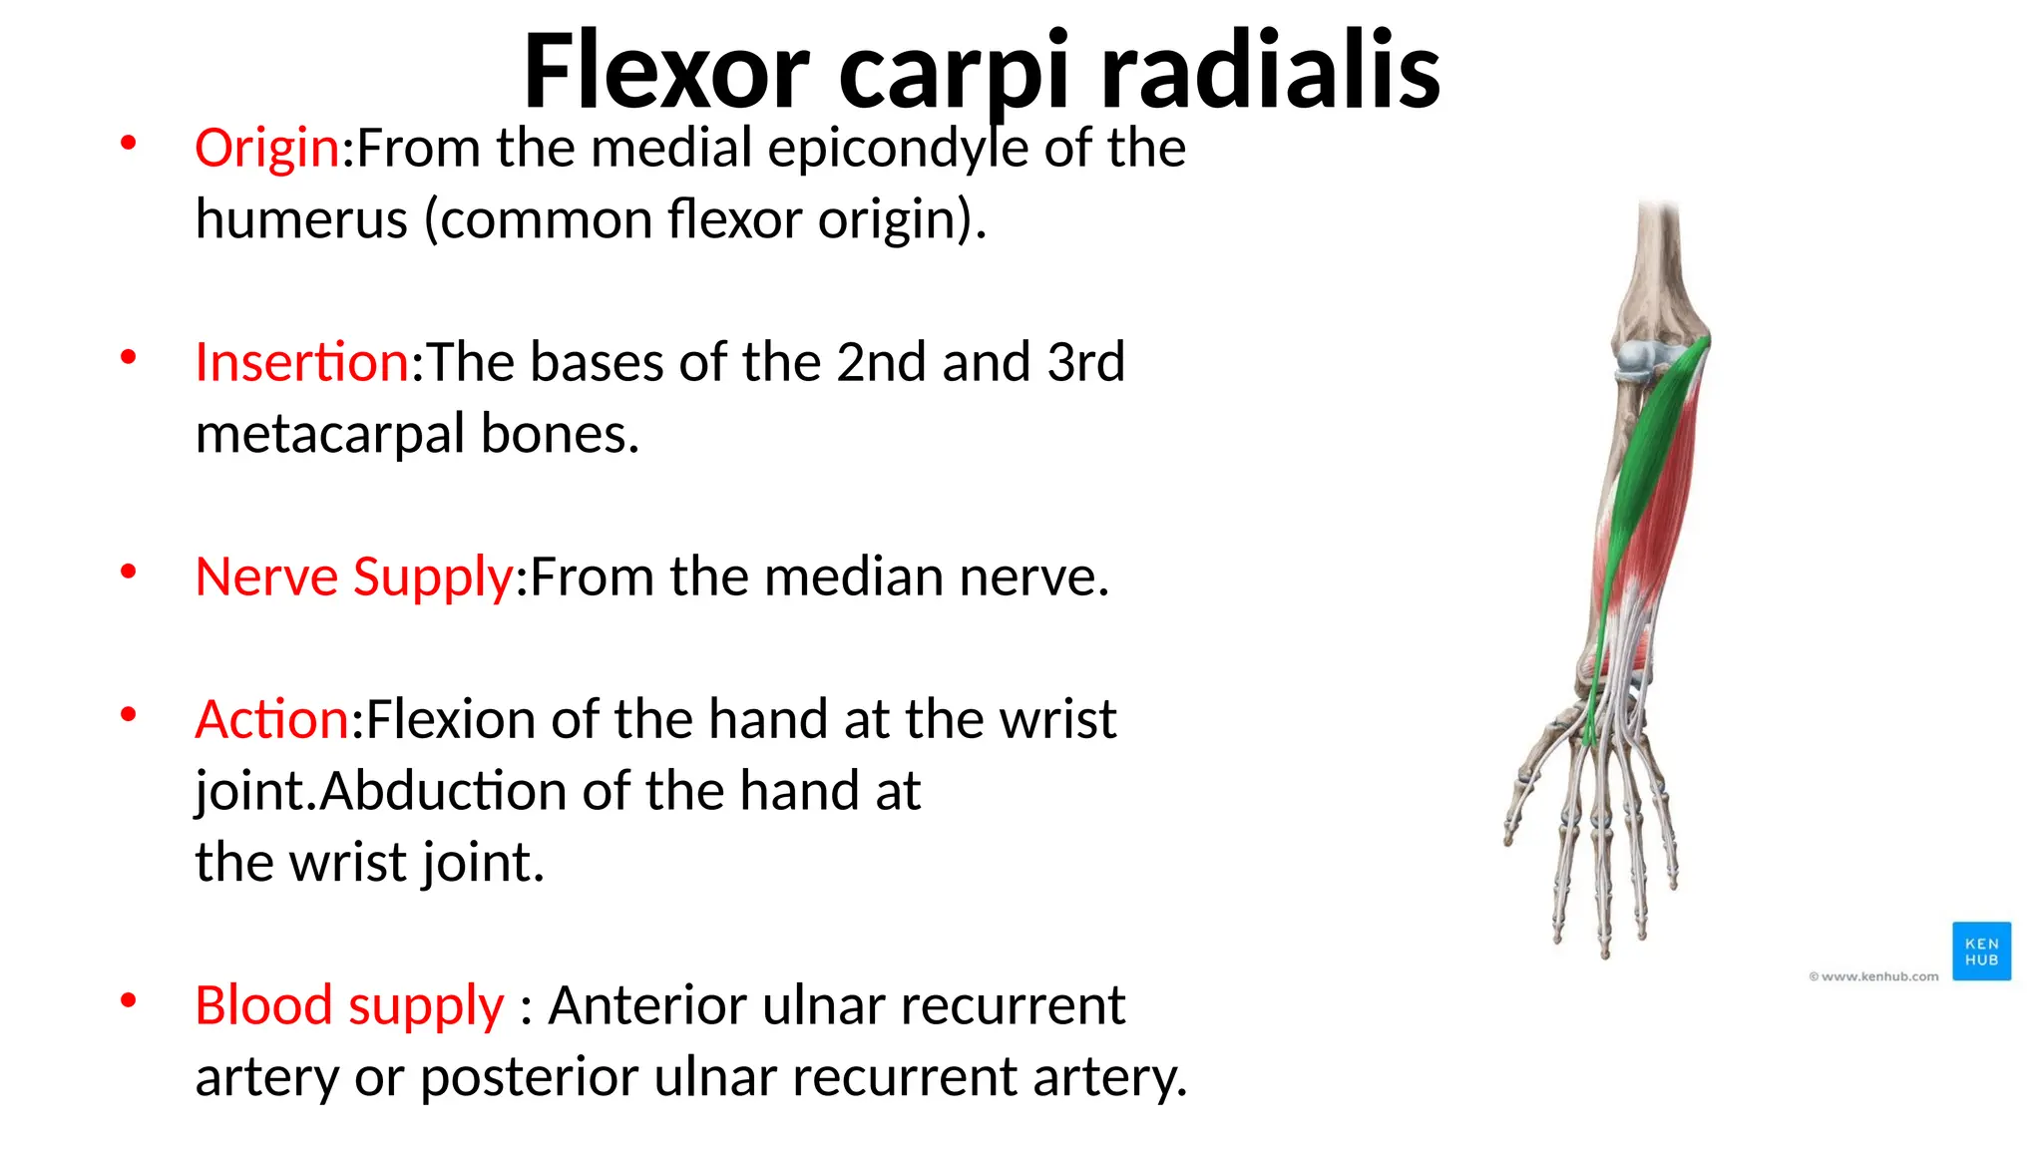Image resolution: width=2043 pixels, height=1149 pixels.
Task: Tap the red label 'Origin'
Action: click(267, 149)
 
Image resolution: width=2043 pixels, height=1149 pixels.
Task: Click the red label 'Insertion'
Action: click(301, 362)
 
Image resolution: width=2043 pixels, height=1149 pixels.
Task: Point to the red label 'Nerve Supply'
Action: click(354, 577)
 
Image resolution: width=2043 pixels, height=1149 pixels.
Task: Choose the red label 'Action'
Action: click(271, 719)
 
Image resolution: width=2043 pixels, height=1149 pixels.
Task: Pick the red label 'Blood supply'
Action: click(349, 1005)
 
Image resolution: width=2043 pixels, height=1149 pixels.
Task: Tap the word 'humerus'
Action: click(301, 219)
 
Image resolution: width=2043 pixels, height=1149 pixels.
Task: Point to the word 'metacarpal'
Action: click(330, 434)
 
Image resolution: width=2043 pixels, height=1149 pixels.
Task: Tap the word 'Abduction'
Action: click(443, 791)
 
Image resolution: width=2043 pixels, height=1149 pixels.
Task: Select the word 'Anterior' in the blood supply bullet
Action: click(647, 1005)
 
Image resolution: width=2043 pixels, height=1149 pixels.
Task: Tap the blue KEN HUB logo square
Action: click(1981, 952)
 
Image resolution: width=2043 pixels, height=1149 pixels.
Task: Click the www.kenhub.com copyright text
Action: click(1873, 976)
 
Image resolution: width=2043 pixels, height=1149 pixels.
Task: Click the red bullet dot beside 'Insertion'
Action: click(128, 357)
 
